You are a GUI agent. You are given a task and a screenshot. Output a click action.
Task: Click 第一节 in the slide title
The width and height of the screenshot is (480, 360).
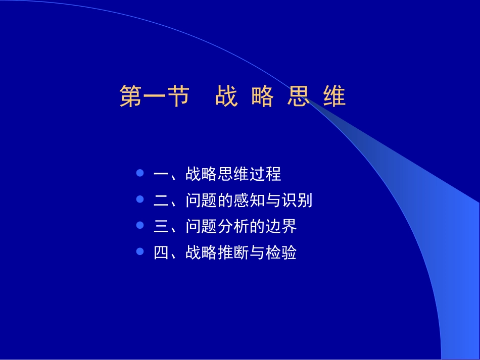154,96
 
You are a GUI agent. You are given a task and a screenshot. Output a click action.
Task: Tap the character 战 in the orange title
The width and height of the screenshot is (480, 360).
226,96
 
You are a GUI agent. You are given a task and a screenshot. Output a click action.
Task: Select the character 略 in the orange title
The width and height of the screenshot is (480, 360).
262,96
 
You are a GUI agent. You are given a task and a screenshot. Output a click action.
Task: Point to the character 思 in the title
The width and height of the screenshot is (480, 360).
298,96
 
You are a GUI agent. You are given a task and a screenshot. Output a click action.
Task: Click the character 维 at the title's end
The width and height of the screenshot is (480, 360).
334,96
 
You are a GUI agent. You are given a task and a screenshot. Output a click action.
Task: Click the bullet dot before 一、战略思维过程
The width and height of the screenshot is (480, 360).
140,173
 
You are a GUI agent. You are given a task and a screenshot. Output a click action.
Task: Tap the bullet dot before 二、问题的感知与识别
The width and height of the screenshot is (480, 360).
140,199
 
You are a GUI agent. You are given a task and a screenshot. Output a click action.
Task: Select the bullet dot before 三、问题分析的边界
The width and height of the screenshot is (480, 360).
140,226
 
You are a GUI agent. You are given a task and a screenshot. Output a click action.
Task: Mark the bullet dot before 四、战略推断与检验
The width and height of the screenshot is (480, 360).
140,251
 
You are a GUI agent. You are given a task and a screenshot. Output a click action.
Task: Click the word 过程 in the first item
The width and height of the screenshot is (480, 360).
265,174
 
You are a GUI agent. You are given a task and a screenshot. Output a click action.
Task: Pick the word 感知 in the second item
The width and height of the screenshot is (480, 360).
249,200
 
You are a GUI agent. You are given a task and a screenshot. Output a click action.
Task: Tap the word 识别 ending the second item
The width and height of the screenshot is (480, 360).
297,200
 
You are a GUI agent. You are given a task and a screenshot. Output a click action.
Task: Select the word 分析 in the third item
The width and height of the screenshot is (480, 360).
233,227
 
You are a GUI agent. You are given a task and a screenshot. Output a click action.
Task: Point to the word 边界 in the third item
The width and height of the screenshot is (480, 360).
281,227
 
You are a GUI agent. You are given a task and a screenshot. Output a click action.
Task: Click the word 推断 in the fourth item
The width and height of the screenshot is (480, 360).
233,252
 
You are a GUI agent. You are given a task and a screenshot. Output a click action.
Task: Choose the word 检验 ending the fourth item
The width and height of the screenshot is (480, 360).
281,252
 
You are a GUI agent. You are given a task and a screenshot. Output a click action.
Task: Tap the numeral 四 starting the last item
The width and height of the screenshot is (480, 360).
161,252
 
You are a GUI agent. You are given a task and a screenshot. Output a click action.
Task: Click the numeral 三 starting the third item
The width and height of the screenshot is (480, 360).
161,227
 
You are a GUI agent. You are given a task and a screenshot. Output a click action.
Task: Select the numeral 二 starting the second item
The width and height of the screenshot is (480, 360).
161,200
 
